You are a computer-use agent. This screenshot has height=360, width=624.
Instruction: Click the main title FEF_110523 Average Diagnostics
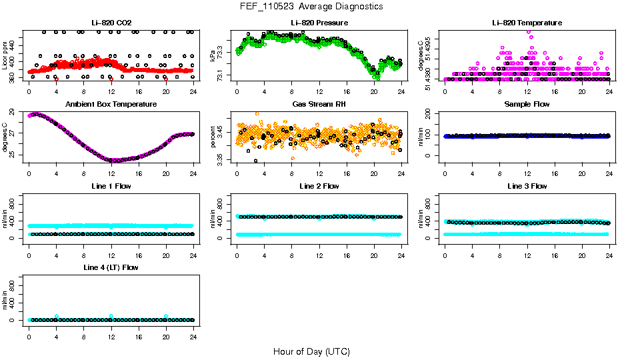click(x=312, y=6)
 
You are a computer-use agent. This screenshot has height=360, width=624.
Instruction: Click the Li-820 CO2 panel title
click(x=111, y=23)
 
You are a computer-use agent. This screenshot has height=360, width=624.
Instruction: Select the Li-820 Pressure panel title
click(x=319, y=23)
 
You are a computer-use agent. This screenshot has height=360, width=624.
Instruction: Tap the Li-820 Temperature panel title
click(x=527, y=23)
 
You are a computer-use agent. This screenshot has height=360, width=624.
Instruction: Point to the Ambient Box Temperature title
click(x=111, y=105)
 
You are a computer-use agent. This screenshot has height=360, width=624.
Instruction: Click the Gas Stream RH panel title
click(x=319, y=105)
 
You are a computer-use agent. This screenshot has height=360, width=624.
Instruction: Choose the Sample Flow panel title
click(x=527, y=105)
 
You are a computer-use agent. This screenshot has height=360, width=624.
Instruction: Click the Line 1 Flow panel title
click(x=111, y=186)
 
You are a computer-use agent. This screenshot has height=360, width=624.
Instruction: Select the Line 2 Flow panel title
click(x=319, y=186)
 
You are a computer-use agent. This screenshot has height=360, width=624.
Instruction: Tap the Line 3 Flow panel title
click(x=527, y=186)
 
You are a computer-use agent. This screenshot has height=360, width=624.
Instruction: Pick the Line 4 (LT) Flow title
click(x=111, y=267)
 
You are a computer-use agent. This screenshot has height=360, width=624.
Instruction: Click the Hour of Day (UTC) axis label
click(x=311, y=351)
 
